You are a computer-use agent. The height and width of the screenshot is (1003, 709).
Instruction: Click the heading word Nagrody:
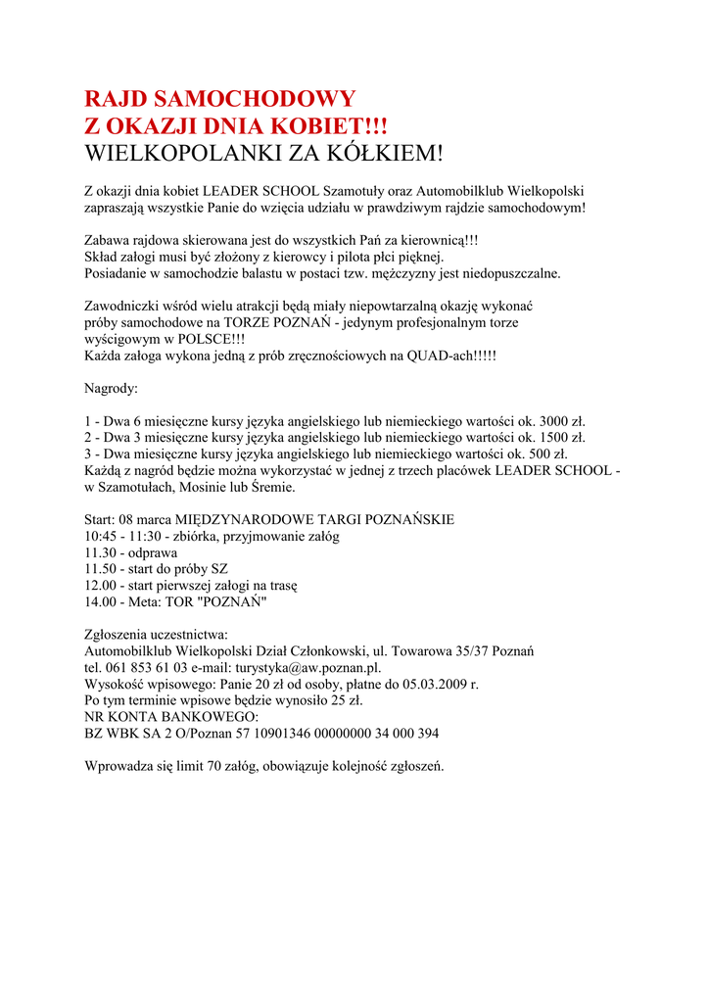(112, 388)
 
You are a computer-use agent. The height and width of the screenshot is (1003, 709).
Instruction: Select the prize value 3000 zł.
(562, 420)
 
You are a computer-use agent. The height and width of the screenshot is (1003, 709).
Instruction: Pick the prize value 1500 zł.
(562, 437)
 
